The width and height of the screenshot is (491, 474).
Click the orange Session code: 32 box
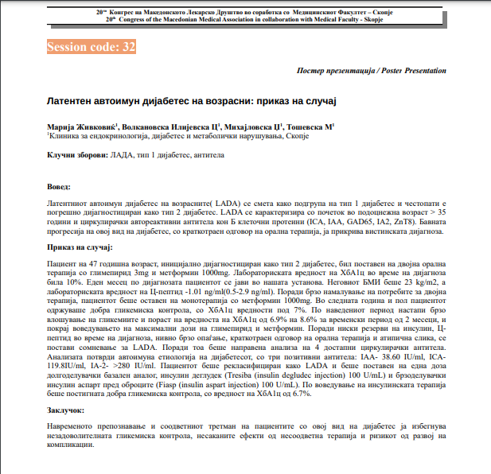pos(92,48)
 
